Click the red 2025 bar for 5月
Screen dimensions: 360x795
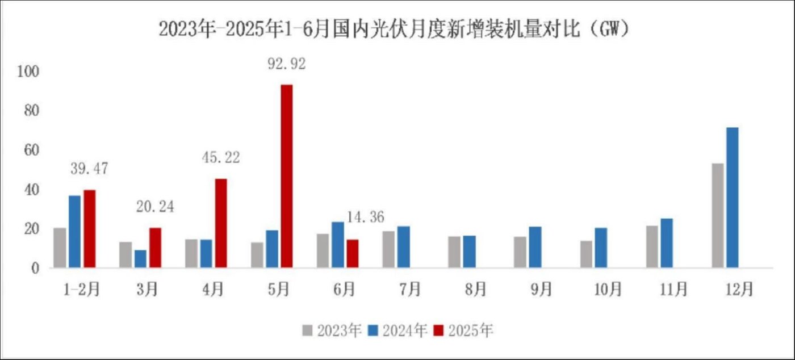pos(286,176)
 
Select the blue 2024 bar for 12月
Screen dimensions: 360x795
pos(733,198)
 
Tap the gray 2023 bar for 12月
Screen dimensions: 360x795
pos(718,216)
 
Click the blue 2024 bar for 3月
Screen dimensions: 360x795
pos(140,259)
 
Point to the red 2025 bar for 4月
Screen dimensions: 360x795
pos(220,223)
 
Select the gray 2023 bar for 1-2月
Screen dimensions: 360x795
pos(60,248)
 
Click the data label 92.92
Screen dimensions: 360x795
pos(286,64)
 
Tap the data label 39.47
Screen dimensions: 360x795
pos(89,169)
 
